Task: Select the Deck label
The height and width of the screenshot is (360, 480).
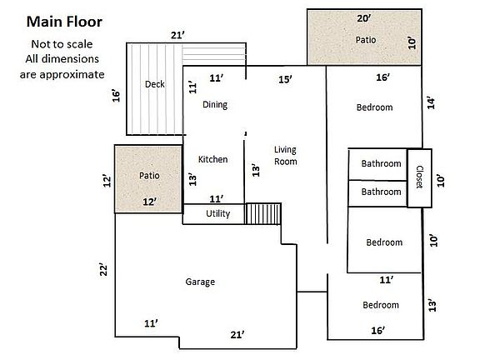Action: coord(154,84)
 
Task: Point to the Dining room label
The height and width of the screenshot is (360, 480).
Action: coord(215,105)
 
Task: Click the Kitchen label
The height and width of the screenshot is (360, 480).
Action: coord(212,159)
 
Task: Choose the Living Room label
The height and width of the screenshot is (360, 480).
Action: coord(286,156)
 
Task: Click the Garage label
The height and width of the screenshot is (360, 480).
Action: coord(200,282)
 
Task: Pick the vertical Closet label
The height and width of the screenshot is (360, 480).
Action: coord(418,177)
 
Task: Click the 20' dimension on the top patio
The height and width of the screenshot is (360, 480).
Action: coord(363,18)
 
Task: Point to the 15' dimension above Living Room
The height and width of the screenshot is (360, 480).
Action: coord(285,78)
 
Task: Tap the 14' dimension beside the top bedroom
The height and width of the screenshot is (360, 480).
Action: coord(431,102)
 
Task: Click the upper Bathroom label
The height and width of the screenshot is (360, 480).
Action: coord(381,164)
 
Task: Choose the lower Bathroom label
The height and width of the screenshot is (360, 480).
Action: coord(381,192)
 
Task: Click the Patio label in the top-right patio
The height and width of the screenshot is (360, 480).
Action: coord(367,39)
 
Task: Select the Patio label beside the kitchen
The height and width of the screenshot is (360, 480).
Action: coord(149,176)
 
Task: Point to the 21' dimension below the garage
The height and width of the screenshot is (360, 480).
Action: coord(237,334)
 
